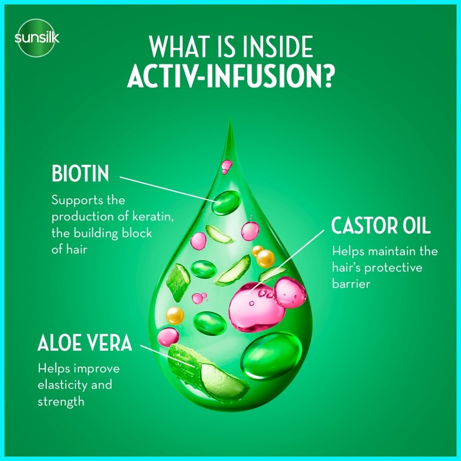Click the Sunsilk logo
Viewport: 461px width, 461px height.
click(x=36, y=38)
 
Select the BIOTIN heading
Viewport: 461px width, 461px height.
click(x=80, y=173)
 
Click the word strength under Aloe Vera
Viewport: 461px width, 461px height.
click(x=61, y=402)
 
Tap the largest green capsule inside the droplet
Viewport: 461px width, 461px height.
click(x=271, y=357)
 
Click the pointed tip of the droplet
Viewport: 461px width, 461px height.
click(x=230, y=117)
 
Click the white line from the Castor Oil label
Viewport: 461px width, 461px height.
click(x=285, y=262)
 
